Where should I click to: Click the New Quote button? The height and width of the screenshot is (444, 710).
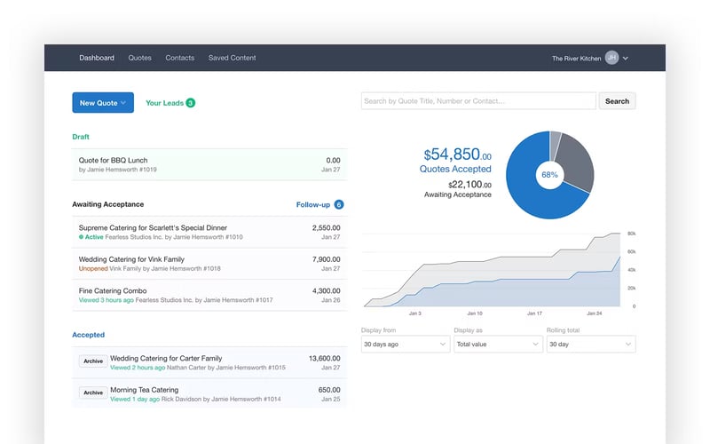(102, 103)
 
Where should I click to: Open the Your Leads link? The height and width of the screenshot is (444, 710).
(165, 103)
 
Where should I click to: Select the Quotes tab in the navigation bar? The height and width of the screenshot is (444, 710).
(139, 58)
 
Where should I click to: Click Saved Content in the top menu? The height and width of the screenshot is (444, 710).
(232, 58)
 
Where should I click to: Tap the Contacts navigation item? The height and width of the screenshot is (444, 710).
(179, 58)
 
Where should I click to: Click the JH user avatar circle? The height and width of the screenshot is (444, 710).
(611, 58)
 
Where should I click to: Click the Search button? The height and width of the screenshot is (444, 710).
(617, 101)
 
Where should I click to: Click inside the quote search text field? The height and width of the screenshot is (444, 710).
(477, 101)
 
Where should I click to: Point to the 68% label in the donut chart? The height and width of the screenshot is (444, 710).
(549, 175)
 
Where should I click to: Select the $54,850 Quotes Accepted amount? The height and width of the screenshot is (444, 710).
(456, 155)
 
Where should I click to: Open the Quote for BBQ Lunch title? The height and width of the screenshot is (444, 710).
(113, 161)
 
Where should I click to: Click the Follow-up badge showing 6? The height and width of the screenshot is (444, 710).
(338, 204)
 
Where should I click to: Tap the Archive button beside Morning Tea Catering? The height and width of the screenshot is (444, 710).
(93, 392)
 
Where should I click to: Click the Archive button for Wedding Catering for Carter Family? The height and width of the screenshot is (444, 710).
(93, 361)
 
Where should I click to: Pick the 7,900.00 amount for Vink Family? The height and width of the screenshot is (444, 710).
(326, 259)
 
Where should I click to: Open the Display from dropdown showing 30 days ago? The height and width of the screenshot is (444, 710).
(406, 344)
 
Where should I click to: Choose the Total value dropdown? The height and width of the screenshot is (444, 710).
(498, 344)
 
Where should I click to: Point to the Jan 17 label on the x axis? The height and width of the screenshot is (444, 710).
(533, 313)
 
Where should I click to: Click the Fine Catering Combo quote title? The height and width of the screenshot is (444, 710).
(113, 290)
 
